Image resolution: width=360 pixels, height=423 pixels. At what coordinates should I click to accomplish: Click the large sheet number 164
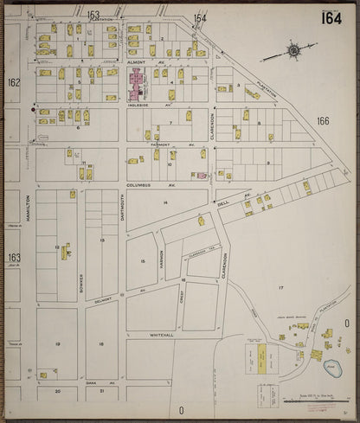click(331, 18)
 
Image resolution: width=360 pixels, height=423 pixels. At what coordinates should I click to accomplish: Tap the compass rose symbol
click(293, 51)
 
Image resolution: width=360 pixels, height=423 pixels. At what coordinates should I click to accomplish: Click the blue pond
click(332, 369)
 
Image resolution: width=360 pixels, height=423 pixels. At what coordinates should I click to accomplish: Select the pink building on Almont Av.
click(137, 84)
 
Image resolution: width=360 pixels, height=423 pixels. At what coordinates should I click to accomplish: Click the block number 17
click(280, 286)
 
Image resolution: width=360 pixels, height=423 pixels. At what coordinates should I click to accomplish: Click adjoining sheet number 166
click(323, 121)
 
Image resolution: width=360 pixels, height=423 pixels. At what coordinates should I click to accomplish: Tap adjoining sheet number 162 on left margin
click(13, 83)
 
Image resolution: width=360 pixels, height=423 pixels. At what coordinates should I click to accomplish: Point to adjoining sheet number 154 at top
click(200, 17)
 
